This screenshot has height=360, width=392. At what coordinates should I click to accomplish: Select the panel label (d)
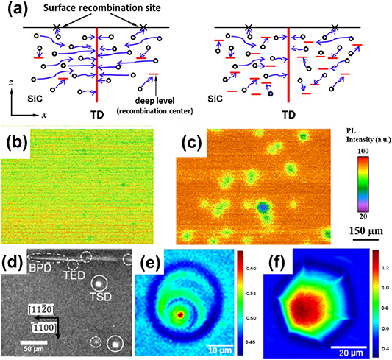[13, 261]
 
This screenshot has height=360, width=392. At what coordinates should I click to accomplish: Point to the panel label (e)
[146, 261]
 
